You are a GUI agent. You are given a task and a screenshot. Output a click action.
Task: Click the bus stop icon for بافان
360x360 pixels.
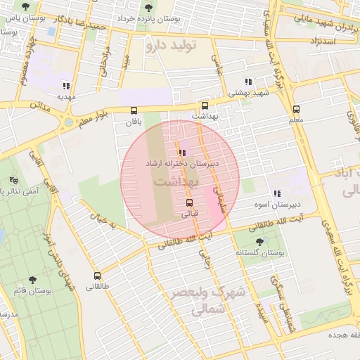click(x=134, y=110)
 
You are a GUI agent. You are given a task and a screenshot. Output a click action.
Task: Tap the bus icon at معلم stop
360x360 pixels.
click(x=296, y=109)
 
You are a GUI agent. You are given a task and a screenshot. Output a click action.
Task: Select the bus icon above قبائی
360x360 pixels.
click(x=188, y=202)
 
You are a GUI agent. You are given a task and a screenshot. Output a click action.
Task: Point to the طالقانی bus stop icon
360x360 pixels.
click(x=97, y=276)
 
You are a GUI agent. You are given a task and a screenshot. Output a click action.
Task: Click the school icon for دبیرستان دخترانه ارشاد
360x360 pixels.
click(x=182, y=152)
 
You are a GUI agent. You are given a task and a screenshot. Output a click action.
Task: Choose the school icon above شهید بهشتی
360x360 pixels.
click(x=247, y=82)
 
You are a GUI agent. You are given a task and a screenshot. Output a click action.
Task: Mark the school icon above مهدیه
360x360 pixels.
click(x=67, y=85)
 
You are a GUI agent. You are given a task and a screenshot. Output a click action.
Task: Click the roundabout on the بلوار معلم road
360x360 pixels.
click(x=68, y=123)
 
